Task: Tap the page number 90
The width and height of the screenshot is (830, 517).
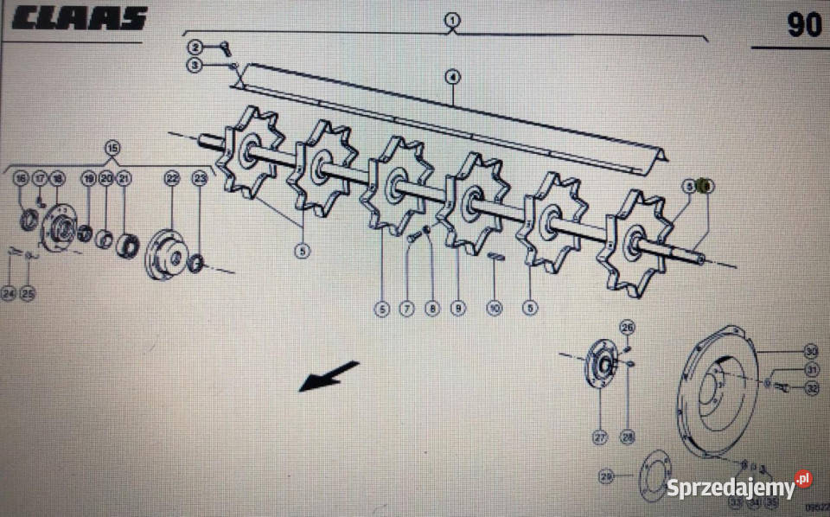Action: pos(804,25)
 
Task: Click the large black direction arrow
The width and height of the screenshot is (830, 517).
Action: pos(329,377)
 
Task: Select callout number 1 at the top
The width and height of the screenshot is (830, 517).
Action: pos(453,19)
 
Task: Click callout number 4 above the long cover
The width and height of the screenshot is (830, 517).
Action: pos(453,77)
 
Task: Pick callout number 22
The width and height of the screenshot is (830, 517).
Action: pos(172,179)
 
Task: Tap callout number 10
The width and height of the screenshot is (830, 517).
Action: pos(495,307)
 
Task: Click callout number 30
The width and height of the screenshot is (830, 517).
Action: pos(810,351)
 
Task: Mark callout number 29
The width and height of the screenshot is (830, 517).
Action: pos(606,476)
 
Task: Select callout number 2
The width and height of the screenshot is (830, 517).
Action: pos(196,47)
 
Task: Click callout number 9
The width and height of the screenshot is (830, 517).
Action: pos(457,307)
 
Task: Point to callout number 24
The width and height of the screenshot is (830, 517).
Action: pos(9,294)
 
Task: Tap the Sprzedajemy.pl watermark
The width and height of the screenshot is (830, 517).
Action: pos(738,486)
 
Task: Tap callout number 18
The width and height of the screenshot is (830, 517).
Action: pos(58,179)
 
